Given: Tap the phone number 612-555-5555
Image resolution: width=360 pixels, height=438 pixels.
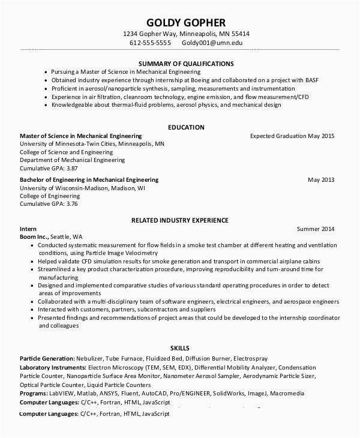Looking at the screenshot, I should click(x=151, y=43).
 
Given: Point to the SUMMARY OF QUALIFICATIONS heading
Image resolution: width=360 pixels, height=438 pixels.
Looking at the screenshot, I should click(x=186, y=63).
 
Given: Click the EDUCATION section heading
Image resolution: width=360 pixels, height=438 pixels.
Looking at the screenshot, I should click(x=186, y=127).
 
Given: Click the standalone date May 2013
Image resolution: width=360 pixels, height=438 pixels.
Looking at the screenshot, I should click(x=321, y=179).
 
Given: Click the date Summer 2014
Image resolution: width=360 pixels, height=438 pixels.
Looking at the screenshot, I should click(x=316, y=229).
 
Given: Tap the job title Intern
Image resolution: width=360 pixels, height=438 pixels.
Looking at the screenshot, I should click(x=28, y=229).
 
